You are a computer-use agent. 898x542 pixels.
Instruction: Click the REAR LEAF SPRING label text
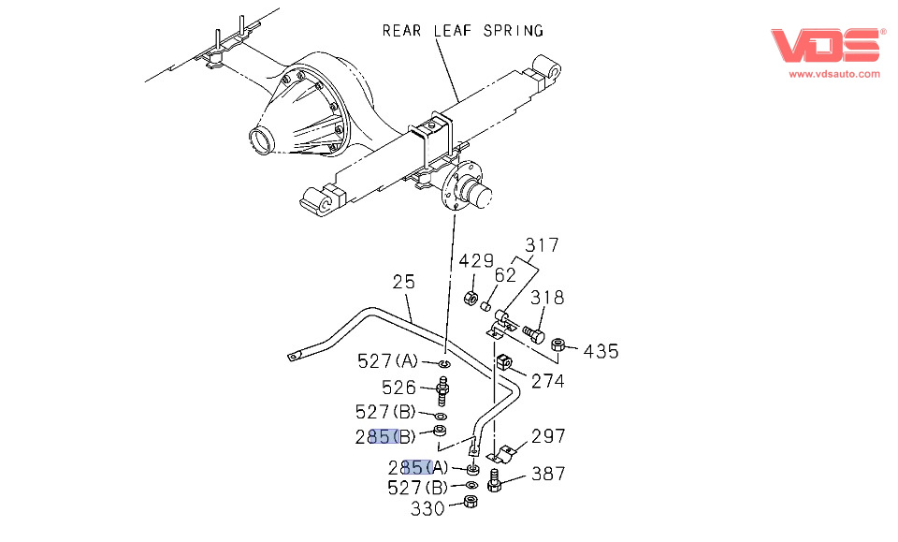[x=462, y=30]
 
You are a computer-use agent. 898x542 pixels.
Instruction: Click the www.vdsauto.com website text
[x=834, y=73]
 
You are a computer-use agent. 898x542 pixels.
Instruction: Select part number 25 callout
[x=403, y=280]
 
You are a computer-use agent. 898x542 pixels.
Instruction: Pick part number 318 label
[x=547, y=298]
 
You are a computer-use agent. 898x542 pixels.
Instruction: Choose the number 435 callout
[x=601, y=351]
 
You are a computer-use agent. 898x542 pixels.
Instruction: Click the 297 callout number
[x=549, y=435]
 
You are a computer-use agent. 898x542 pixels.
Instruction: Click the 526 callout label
[x=398, y=386]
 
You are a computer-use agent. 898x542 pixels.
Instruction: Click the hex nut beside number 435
[x=558, y=344]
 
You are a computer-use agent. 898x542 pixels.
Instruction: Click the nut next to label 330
[x=471, y=504]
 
